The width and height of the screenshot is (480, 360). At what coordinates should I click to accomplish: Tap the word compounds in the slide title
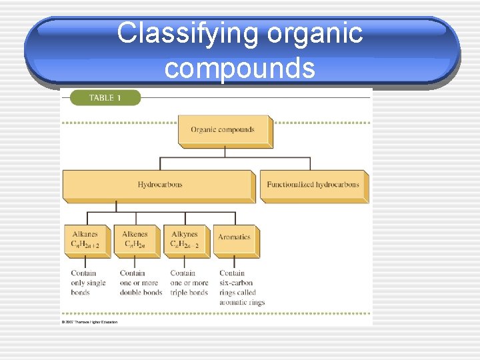[x=240, y=67]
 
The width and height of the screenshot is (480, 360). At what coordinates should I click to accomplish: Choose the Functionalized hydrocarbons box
[x=313, y=185]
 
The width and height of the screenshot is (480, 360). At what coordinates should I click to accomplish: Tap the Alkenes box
[x=136, y=240]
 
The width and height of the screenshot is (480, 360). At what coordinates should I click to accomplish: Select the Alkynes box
[x=185, y=240]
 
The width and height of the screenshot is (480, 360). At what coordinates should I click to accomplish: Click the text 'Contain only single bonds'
[x=88, y=283]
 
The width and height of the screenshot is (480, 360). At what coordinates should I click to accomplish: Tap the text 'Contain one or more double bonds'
[x=141, y=283]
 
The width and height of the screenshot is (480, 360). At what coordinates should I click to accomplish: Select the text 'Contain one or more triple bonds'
[x=189, y=283]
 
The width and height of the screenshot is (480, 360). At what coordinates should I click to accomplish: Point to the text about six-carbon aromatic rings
[x=241, y=287]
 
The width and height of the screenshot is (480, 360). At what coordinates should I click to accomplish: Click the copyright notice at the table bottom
[x=89, y=322]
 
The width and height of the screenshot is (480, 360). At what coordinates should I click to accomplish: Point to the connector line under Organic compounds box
[x=224, y=152]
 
